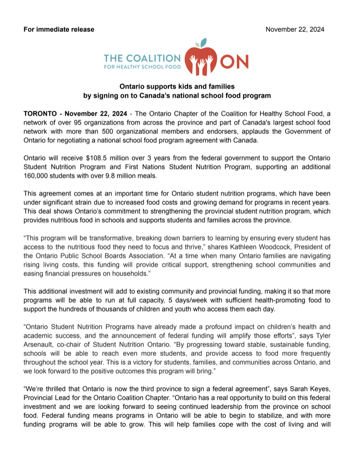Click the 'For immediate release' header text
pos(59,29)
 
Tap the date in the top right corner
pos(295,29)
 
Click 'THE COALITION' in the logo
pos(141,58)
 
